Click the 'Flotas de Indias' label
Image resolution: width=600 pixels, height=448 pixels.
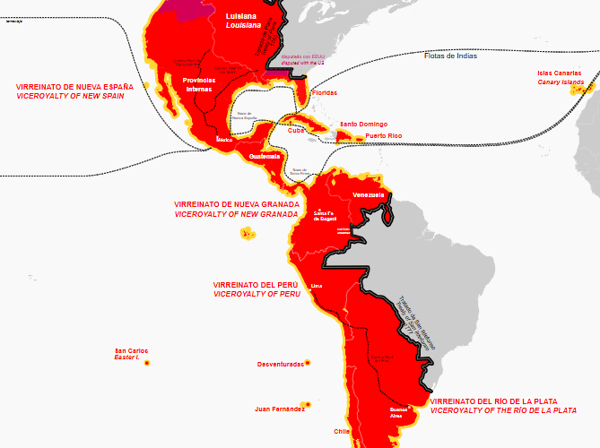tap(450, 56)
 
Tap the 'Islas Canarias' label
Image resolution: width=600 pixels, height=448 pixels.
tap(561, 73)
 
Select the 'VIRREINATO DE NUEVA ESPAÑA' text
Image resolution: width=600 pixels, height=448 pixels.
tap(74, 87)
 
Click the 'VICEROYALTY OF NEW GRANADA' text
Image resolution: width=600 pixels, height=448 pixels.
tap(235, 215)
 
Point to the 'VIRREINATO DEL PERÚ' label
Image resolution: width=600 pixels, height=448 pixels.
tap(255, 284)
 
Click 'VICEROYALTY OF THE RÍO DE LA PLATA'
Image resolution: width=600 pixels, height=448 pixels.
tap(503, 410)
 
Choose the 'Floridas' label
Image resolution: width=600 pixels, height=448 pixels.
tap(324, 92)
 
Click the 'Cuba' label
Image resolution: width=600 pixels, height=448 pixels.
tap(296, 130)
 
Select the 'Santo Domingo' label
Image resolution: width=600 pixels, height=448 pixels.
tap(361, 124)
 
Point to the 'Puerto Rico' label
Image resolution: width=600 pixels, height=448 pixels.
tap(384, 136)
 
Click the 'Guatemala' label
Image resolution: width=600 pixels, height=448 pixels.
tap(265, 156)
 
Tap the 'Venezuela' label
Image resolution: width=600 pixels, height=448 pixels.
tap(369, 194)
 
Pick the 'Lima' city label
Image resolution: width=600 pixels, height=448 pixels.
tap(316, 287)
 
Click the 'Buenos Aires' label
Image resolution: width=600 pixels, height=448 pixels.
tap(397, 412)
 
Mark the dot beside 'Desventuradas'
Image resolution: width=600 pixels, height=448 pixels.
tap(308, 363)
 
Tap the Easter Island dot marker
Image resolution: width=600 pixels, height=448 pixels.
tap(146, 362)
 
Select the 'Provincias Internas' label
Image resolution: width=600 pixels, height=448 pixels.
tap(199, 84)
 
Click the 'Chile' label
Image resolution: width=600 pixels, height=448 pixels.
tap(342, 431)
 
